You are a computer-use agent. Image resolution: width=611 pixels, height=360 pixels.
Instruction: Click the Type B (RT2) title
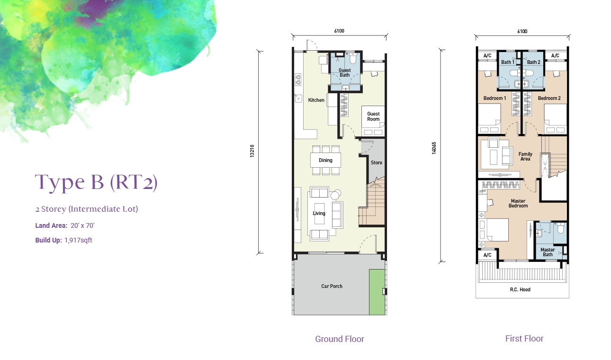point(96,183)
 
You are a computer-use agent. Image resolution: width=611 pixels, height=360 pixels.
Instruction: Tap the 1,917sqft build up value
point(78,240)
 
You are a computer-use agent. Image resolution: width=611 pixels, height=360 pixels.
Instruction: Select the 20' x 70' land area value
point(82,225)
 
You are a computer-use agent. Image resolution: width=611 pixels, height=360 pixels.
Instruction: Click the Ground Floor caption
point(340,339)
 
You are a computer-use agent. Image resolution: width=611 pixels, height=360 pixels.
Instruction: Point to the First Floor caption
point(524,339)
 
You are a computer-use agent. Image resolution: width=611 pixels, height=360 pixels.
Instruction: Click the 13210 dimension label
point(252,151)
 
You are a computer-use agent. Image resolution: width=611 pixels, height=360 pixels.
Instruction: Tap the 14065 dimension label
point(434,148)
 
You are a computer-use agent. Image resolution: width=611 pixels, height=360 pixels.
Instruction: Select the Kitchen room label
point(316,100)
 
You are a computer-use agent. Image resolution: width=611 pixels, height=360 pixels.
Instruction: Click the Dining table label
point(325,161)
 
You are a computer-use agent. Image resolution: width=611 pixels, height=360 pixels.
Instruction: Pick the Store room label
point(377,162)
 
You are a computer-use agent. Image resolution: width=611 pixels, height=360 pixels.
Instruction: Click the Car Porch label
point(332,286)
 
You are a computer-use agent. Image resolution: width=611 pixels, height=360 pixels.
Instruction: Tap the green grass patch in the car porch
point(377,292)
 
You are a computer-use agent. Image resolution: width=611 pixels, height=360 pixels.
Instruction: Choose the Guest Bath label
point(344,72)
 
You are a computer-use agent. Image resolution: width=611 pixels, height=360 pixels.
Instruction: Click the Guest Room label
point(373,117)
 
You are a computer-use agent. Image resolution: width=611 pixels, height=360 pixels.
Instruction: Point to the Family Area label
point(525,156)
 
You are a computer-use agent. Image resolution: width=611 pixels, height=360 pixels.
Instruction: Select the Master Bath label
point(548,252)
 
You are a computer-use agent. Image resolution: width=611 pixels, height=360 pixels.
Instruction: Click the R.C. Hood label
point(520,289)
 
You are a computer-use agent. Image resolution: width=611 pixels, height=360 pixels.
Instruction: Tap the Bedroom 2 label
point(549,98)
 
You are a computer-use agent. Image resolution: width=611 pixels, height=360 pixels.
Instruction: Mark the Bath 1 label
point(508,62)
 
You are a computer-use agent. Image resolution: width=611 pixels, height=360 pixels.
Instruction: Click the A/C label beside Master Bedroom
point(487,255)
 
